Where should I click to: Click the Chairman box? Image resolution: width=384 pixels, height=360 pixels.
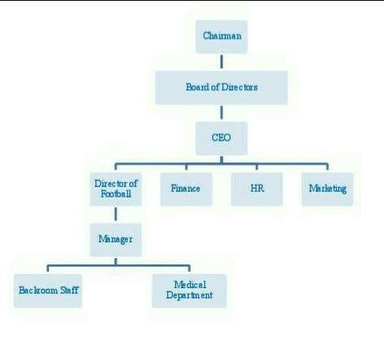(221, 36)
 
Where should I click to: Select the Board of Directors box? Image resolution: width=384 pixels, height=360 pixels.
(221, 87)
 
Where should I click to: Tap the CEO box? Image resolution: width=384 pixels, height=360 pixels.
(221, 138)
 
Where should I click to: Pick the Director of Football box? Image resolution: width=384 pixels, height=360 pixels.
(116, 189)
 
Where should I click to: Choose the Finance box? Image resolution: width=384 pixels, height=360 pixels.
(186, 189)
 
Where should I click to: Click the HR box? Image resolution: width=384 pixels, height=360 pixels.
(256, 189)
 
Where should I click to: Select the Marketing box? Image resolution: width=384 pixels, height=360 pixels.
(327, 189)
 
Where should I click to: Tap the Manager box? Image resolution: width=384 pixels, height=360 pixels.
(116, 238)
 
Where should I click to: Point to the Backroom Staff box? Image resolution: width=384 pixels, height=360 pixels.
(49, 290)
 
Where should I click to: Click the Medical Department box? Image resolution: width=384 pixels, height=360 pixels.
(189, 290)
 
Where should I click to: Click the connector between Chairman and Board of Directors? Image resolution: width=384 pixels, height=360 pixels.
(221, 62)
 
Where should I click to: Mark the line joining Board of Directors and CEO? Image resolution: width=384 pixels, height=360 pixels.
(221, 113)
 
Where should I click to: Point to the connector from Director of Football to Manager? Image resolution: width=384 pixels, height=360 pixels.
(116, 213)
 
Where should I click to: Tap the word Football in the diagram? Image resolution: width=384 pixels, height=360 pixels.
(116, 194)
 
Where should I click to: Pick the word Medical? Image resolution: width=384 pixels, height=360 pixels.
(189, 284)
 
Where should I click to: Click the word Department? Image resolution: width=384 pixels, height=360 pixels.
(189, 296)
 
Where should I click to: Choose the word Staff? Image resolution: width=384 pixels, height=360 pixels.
(70, 290)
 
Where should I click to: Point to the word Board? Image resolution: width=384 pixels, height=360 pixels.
(196, 87)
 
